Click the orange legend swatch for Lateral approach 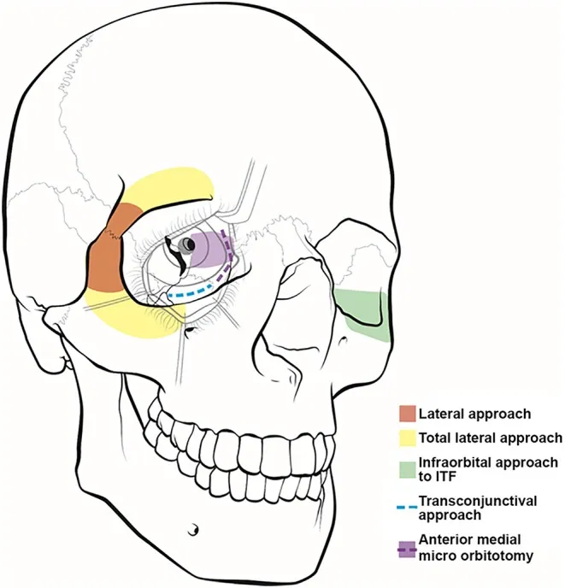point(408,415)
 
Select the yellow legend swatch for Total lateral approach point(408,438)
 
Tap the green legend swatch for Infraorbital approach point(408,469)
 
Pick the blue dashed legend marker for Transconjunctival point(408,501)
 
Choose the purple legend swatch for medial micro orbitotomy point(408,546)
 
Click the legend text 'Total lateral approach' point(491,438)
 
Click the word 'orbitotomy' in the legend point(484,556)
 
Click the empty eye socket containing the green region point(359,273)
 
